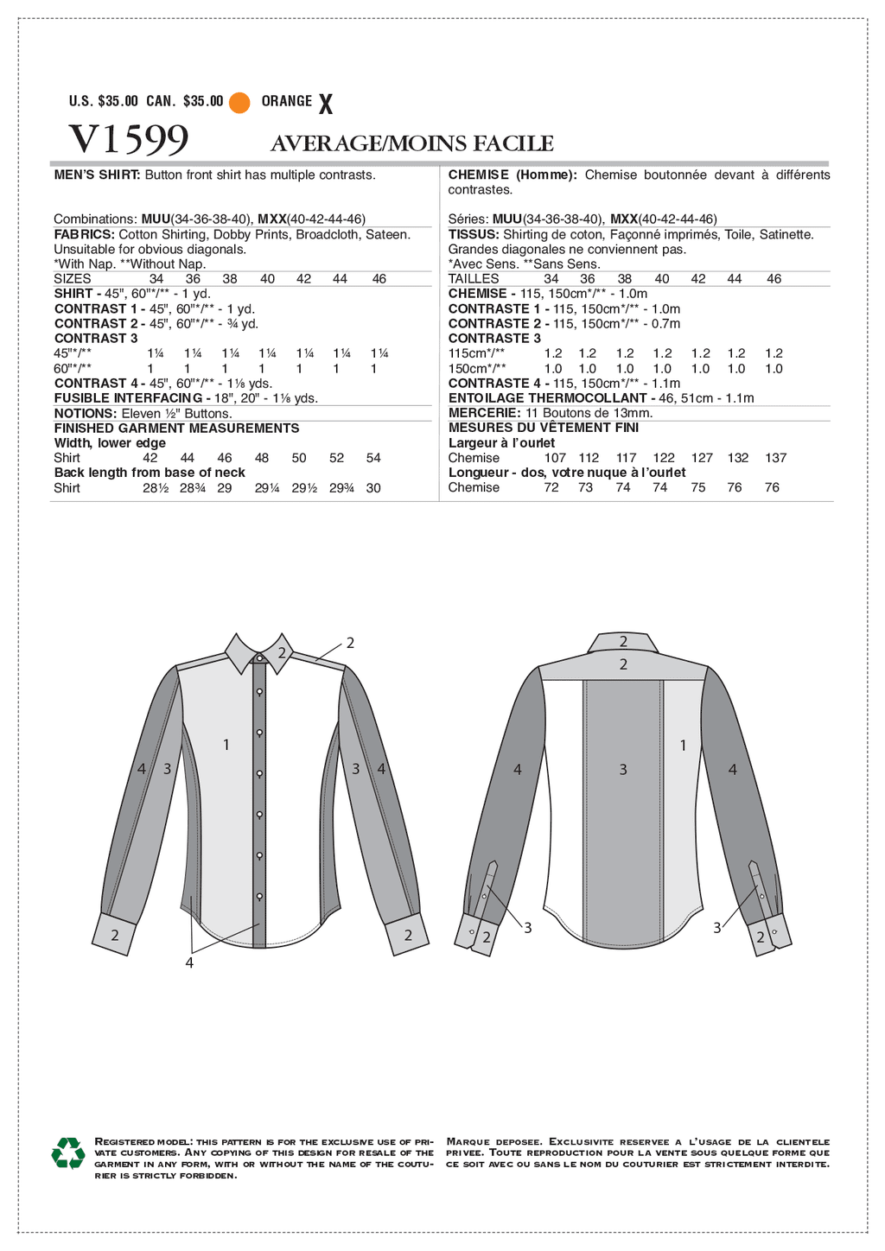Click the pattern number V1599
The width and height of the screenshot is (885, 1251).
click(129, 139)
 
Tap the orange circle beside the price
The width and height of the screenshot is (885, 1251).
click(239, 103)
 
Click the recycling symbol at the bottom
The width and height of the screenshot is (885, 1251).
click(67, 1154)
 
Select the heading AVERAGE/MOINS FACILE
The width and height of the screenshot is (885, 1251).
click(411, 143)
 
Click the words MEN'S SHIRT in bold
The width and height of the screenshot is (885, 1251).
click(97, 175)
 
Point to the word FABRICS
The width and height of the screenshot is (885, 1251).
click(84, 234)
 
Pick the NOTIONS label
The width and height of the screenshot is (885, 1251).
click(85, 414)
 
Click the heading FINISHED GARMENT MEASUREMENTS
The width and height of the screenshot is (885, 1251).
click(176, 429)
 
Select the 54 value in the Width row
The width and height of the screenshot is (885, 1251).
click(373, 458)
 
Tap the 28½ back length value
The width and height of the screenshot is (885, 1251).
click(155, 488)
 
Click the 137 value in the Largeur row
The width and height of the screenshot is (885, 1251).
click(776, 458)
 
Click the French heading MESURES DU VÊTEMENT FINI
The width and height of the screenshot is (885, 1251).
click(543, 428)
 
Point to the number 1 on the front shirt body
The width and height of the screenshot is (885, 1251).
click(226, 744)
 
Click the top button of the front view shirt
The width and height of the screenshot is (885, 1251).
click(260, 660)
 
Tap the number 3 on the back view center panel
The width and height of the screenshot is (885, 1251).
click(623, 769)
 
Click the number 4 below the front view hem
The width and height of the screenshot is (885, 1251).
click(189, 962)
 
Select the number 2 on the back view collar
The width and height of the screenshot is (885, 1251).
click(623, 642)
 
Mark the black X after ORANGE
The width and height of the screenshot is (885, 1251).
click(325, 105)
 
